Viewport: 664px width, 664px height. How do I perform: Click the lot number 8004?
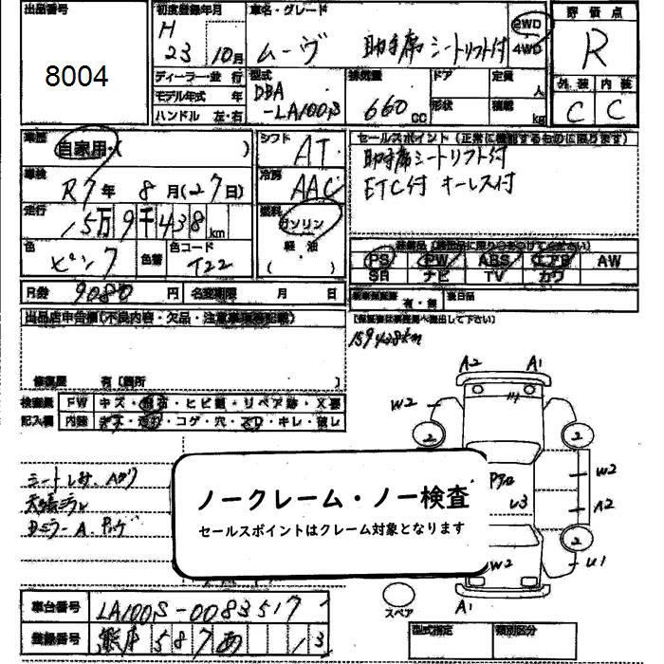pos(76,77)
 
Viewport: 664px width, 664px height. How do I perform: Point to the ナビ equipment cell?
pos(435,275)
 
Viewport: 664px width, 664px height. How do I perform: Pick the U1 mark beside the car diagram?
pos(596,563)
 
